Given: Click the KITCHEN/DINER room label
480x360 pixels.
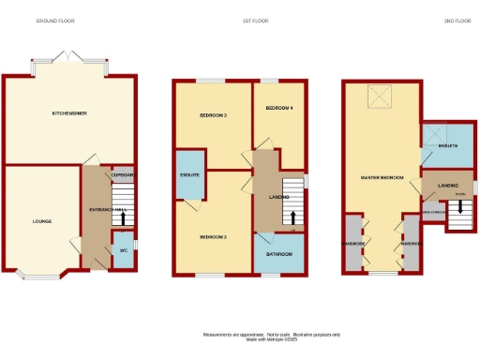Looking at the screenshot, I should tap(69, 113).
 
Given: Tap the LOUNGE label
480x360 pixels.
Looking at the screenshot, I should tap(41, 221).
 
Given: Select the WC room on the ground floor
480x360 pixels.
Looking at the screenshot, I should tap(123, 250).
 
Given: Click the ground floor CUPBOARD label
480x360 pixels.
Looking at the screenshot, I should tap(123, 175).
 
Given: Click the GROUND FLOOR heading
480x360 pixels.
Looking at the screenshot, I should tap(55, 21).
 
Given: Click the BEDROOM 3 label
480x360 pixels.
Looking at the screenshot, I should tap(213, 115).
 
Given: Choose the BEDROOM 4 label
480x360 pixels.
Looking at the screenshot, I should tap(279, 108).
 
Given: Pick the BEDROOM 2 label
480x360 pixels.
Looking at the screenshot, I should tap(214, 236).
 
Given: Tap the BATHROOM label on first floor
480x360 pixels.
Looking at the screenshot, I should tap(279, 254).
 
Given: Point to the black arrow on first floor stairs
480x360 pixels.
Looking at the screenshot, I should tap(296, 218).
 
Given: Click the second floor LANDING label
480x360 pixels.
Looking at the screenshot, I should tap(448, 186).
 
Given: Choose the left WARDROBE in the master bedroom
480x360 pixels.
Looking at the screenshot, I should tap(354, 244).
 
